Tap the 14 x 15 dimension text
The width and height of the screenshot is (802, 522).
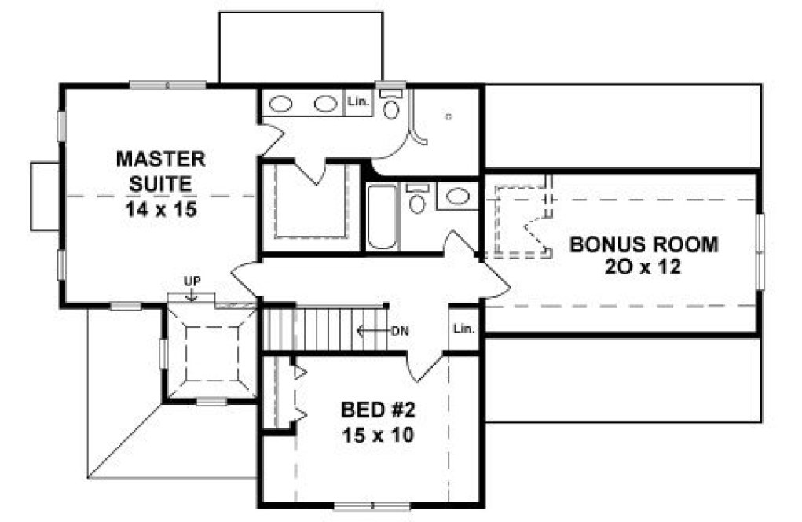coord(160,210)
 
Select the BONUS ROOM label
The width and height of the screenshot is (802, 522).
coord(643,244)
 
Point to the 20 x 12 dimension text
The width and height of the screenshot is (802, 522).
coord(643,267)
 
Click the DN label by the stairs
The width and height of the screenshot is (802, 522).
coord(400,331)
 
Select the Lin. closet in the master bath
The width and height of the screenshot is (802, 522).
coord(358,103)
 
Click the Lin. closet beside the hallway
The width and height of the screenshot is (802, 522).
coord(464,329)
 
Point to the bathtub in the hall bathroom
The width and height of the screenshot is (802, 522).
coord(383,216)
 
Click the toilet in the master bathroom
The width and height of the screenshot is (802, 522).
coord(391,106)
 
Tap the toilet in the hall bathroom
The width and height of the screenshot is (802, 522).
coord(417,201)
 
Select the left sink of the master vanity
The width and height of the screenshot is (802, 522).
coord(280,103)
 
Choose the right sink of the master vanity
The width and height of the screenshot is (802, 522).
coord(324,103)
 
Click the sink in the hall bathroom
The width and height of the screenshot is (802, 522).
coord(456,197)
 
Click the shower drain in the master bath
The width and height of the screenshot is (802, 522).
coord(449,116)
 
